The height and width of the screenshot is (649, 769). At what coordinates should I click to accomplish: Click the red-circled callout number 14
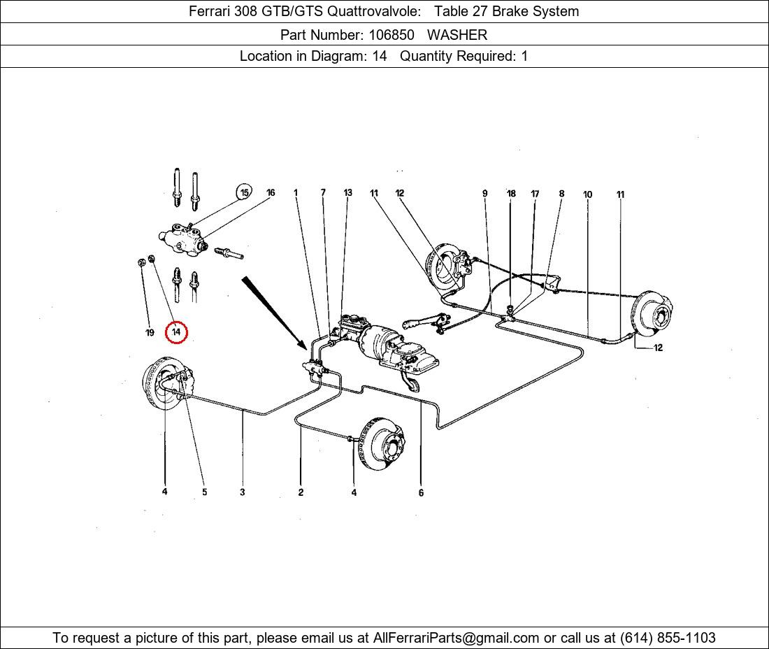tap(176, 331)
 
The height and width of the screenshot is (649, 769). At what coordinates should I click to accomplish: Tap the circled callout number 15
tap(244, 193)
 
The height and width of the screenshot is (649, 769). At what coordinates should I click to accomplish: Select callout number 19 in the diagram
tap(150, 333)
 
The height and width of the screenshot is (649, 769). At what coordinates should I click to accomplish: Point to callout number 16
tap(271, 193)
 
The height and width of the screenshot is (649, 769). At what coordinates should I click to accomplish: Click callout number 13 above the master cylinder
tap(347, 193)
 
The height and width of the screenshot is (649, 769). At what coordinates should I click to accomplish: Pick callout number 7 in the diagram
tap(323, 193)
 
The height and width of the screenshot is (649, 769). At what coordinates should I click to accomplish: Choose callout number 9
tap(484, 194)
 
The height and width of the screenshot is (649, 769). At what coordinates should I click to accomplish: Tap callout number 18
tap(511, 194)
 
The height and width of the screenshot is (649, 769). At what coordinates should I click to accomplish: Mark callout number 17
tap(535, 194)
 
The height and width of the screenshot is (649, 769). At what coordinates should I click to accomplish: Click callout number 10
tap(587, 194)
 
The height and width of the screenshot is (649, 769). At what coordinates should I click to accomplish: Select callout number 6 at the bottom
tap(421, 493)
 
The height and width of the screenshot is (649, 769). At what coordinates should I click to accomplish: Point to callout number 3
tap(242, 492)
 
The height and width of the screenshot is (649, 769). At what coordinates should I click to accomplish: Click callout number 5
tap(204, 492)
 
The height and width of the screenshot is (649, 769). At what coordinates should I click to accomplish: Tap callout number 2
tap(301, 492)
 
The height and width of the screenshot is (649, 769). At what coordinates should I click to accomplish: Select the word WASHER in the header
tap(457, 34)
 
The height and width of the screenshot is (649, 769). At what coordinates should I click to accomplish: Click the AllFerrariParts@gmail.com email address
tap(457, 638)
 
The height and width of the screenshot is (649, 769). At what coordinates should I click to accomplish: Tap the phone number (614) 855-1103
tap(668, 638)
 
